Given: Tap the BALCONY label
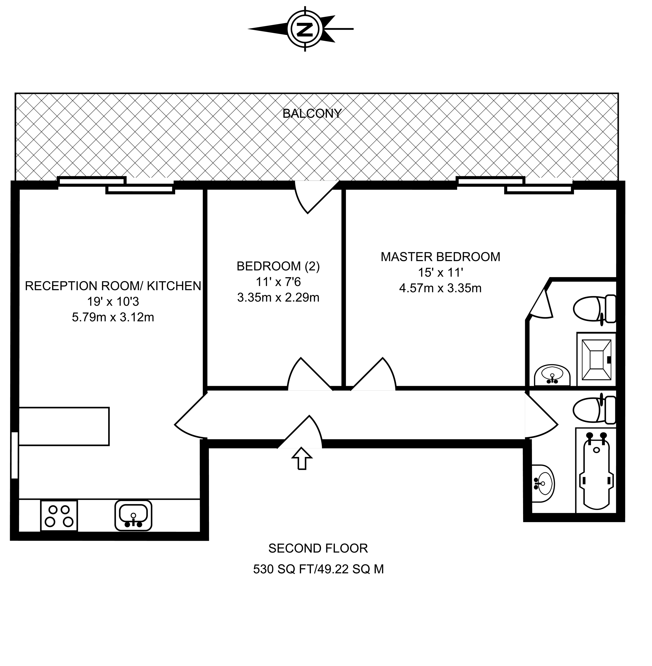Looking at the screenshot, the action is [312, 113].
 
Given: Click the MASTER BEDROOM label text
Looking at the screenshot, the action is [440, 257].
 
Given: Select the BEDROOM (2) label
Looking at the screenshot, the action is [278, 266].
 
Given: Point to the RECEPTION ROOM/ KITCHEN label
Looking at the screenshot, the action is [113, 286].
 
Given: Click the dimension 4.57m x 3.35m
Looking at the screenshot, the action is [440, 288].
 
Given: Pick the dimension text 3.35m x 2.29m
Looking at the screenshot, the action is [278, 297].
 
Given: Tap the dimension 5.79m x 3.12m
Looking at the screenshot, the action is [113, 317].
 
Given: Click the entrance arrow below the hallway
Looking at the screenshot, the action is [302, 458].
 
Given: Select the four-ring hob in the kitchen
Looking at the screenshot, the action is [59, 516].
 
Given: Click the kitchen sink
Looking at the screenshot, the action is [133, 515].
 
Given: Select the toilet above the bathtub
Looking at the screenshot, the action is [595, 410].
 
